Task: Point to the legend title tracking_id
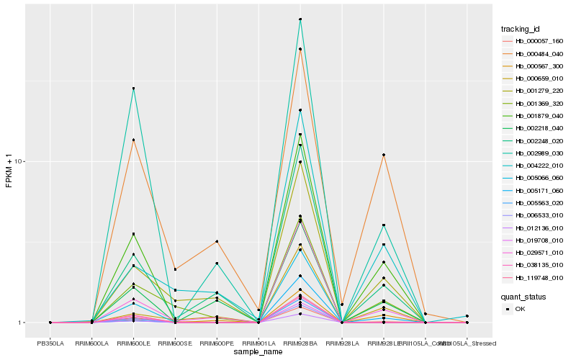click(x=521, y=29)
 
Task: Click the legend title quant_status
click(x=524, y=296)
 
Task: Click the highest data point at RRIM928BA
click(x=300, y=19)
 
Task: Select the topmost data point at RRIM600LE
click(x=133, y=89)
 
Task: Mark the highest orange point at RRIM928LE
click(x=384, y=155)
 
